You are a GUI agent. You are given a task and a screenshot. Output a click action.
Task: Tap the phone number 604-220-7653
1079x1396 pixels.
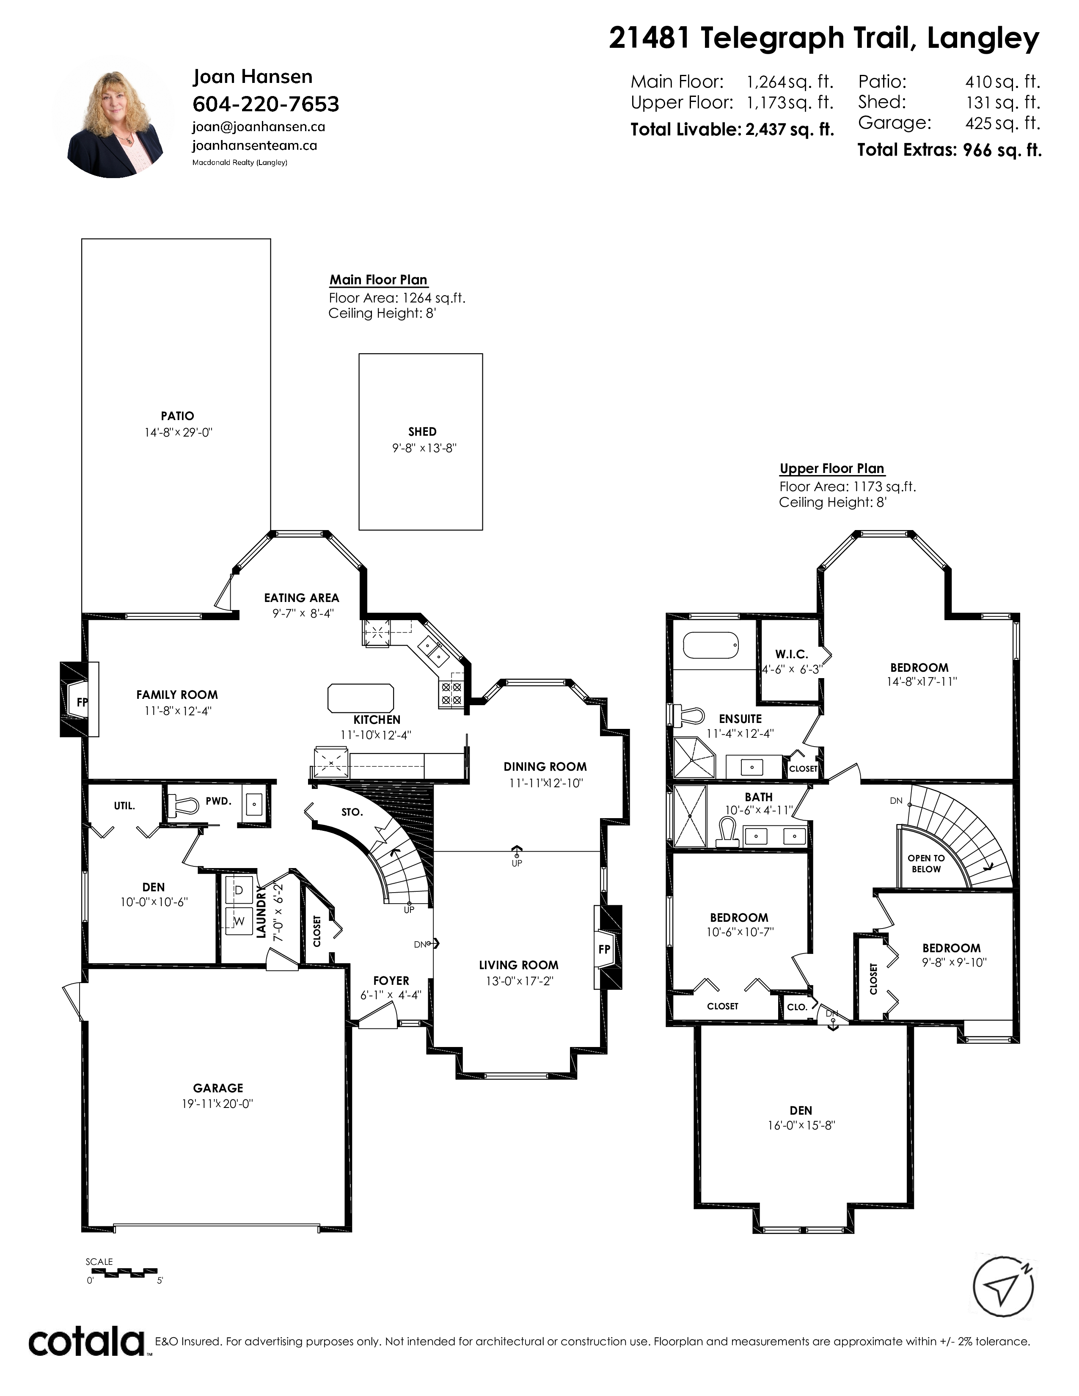(266, 104)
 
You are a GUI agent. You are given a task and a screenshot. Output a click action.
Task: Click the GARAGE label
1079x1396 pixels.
(218, 1088)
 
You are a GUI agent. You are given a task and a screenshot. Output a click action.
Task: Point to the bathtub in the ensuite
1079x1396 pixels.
(711, 645)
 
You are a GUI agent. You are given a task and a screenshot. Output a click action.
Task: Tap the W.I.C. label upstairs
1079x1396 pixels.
(791, 654)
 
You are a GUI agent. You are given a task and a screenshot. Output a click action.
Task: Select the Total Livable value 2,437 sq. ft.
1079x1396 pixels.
(790, 130)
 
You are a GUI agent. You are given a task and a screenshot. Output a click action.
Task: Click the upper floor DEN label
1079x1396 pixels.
(801, 1111)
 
